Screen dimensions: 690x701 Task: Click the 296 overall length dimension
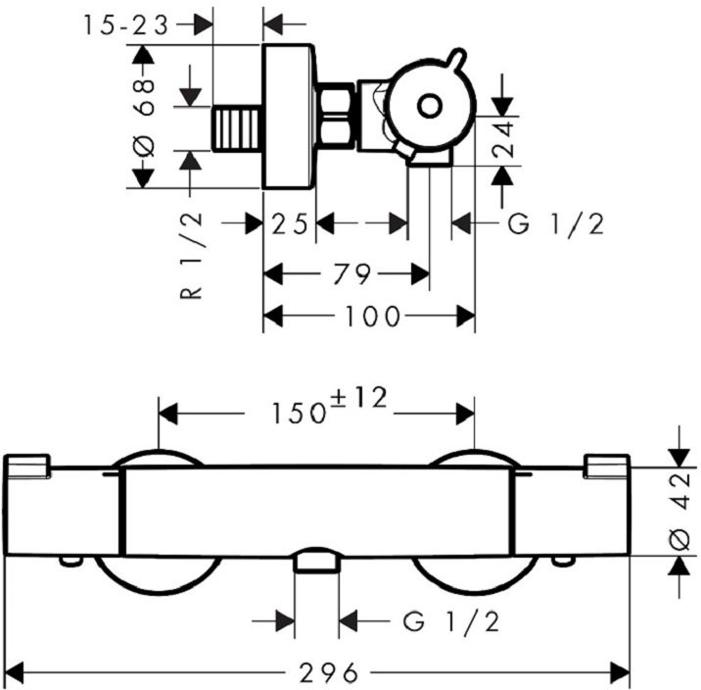click(x=324, y=672)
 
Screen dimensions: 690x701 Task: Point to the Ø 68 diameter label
click(x=145, y=119)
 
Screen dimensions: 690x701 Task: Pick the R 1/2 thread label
click(x=192, y=256)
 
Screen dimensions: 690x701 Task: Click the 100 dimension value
click(x=373, y=316)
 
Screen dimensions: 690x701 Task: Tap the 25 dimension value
click(x=292, y=224)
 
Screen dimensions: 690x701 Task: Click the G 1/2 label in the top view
click(x=557, y=224)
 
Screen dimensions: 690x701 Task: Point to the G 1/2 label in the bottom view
click(x=451, y=620)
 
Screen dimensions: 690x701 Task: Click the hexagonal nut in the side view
click(x=337, y=117)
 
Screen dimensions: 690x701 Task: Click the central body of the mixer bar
click(x=318, y=510)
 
